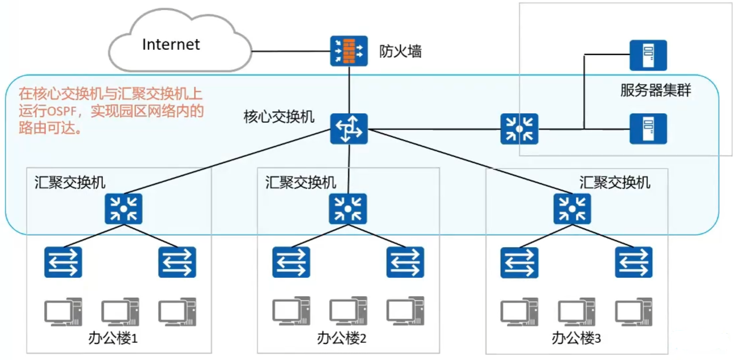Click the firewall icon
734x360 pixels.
(349, 51)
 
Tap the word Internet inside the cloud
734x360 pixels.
(170, 44)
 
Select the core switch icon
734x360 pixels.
(349, 129)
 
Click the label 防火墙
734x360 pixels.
(400, 52)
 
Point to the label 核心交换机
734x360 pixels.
(279, 116)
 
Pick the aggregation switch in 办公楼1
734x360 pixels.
(124, 209)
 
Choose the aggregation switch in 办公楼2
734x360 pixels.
(348, 209)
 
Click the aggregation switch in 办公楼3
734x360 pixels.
(572, 209)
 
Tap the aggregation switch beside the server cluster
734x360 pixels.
(519, 129)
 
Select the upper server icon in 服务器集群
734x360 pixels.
(648, 55)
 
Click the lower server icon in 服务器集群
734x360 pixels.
(648, 129)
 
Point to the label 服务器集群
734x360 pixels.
(655, 90)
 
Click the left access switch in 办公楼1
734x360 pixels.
(63, 262)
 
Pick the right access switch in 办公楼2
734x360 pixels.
(405, 262)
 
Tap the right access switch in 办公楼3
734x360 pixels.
(633, 262)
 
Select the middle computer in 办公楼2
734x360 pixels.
(348, 311)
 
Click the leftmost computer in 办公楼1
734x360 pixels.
(63, 312)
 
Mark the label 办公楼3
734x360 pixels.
(576, 338)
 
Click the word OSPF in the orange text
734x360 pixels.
(61, 112)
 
